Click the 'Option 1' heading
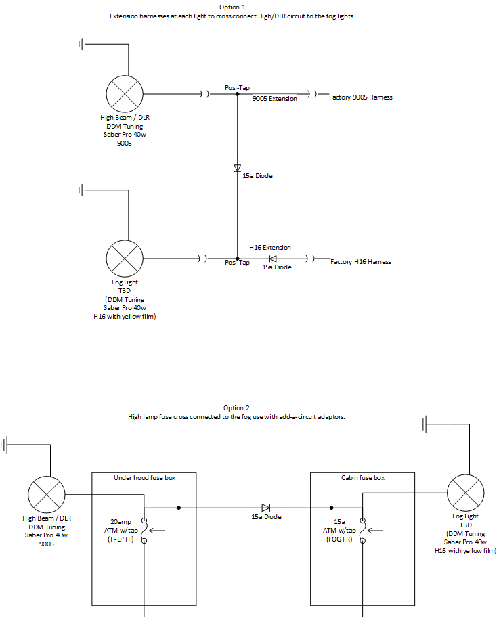(232, 7)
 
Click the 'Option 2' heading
(236, 408)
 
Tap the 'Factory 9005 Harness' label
(361, 97)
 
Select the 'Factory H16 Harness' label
(361, 262)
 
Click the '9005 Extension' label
(275, 99)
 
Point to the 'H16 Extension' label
(270, 248)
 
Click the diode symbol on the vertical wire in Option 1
(237, 169)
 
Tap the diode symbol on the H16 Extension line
(272, 259)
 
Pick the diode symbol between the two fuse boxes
(265, 508)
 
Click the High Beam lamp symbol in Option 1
(125, 94)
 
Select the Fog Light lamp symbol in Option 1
(125, 259)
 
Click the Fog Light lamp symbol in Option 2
(466, 493)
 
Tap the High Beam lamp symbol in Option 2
(47, 495)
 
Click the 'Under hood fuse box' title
(145, 478)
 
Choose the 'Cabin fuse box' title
(363, 478)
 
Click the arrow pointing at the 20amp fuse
(156, 531)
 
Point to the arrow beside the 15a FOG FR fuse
(375, 531)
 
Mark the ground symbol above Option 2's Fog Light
(424, 424)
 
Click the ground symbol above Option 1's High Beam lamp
(82, 44)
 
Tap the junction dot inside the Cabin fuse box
(331, 508)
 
